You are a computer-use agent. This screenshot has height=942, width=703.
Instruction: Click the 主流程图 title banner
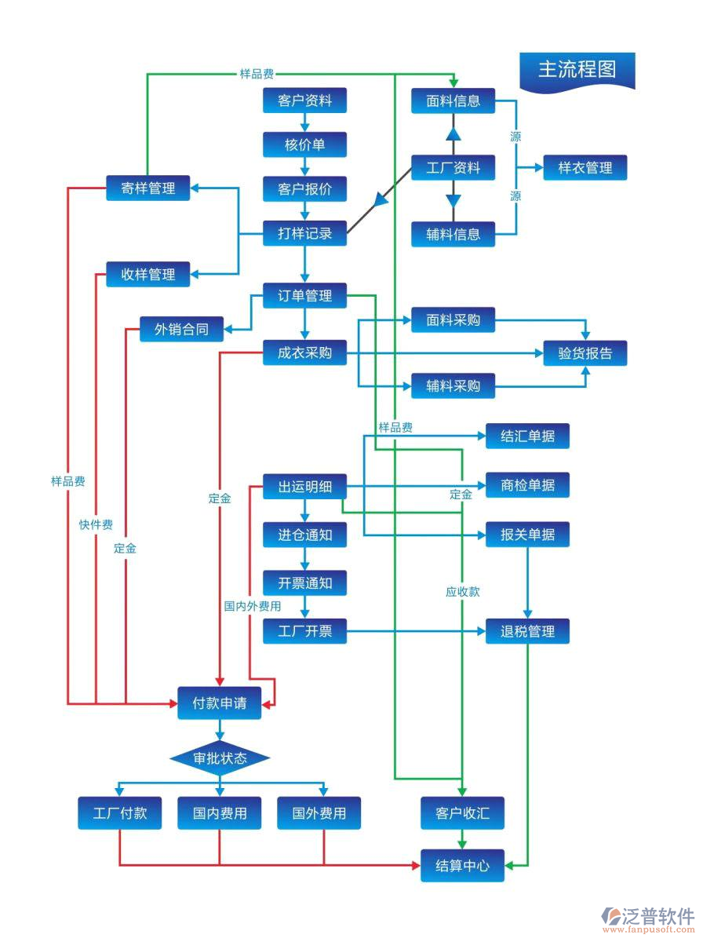pyautogui.click(x=577, y=70)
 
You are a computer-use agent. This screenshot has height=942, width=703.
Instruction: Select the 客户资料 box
pyautogui.click(x=304, y=101)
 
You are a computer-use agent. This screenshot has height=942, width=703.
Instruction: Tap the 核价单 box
pyautogui.click(x=304, y=145)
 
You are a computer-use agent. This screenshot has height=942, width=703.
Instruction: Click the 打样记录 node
pyautogui.click(x=304, y=233)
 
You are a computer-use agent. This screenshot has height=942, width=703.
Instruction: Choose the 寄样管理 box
pyautogui.click(x=148, y=188)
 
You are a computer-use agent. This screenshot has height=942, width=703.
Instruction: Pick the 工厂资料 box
pyautogui.click(x=453, y=167)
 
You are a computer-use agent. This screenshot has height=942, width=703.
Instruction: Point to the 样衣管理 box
pyautogui.click(x=585, y=167)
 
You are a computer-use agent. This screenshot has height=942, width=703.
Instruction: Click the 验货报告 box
pyautogui.click(x=585, y=353)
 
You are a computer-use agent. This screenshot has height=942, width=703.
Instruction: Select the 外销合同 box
pyautogui.click(x=181, y=329)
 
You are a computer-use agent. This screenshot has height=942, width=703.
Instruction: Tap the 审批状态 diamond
pyautogui.click(x=220, y=758)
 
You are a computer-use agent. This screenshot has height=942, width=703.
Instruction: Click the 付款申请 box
pyautogui.click(x=220, y=703)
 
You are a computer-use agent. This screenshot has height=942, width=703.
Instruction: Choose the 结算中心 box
pyautogui.click(x=462, y=866)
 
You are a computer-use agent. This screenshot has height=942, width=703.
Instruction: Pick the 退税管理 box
pyautogui.click(x=527, y=631)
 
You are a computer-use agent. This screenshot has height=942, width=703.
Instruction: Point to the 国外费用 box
pyautogui.click(x=319, y=813)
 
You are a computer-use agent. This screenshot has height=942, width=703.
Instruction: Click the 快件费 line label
pyautogui.click(x=96, y=524)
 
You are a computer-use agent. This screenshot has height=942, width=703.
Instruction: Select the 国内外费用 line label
pyautogui.click(x=253, y=606)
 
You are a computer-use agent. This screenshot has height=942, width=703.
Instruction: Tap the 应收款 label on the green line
pyautogui.click(x=462, y=592)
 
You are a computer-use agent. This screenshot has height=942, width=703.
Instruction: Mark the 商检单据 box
pyautogui.click(x=527, y=485)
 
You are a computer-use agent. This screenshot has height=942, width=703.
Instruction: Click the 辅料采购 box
pyautogui.click(x=453, y=386)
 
